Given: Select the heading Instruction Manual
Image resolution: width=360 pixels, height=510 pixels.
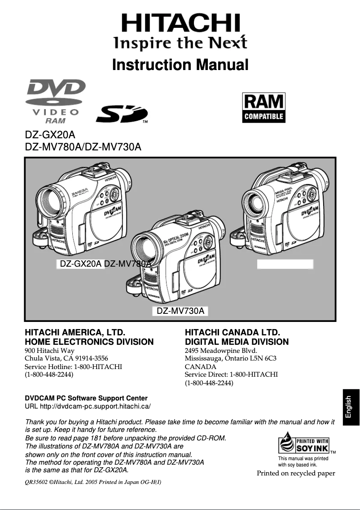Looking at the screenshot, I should click(x=180, y=65).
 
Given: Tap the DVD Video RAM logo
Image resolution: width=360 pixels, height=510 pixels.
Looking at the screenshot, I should click(x=56, y=101).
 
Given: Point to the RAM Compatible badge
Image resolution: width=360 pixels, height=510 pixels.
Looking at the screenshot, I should click(x=263, y=108).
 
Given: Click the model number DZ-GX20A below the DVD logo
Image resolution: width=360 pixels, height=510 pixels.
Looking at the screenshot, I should click(x=50, y=135).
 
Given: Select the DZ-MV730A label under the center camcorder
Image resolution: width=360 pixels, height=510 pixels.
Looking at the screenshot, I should click(x=180, y=311).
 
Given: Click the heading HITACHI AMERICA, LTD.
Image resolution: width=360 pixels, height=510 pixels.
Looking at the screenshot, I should click(x=75, y=333).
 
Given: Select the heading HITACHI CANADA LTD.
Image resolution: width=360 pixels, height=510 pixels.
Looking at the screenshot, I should click(x=233, y=333).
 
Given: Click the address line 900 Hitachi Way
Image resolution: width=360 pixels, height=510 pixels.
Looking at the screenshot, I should click(x=49, y=350).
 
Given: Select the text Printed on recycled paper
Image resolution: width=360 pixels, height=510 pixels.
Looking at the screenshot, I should click(x=296, y=473).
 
